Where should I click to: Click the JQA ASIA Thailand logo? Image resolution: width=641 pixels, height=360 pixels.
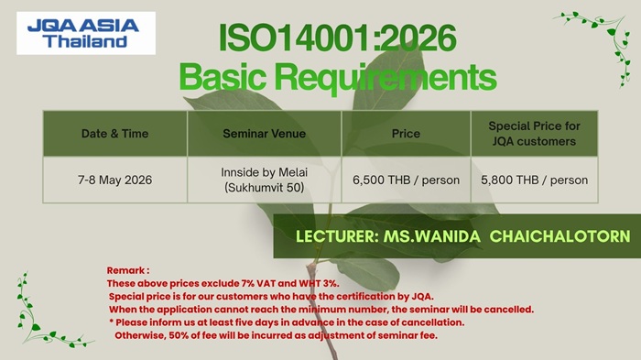pos(86,33)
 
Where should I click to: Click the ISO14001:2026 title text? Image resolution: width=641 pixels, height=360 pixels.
pos(338,38)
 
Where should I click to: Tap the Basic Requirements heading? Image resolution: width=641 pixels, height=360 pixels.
pos(338,77)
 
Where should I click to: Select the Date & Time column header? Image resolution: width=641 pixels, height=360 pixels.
pos(114,134)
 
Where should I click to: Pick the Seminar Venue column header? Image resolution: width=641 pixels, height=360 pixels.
pos(264,134)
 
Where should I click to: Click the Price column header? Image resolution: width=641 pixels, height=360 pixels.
pos(406,134)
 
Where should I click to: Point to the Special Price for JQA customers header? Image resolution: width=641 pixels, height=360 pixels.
pos(534,134)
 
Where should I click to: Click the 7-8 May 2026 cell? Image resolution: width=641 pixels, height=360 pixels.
pos(114,180)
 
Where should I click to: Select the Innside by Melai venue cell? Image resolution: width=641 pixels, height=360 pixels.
pos(264,180)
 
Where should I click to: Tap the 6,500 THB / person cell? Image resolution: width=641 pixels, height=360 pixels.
pos(406,180)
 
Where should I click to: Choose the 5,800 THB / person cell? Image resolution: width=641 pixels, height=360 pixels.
pos(534,180)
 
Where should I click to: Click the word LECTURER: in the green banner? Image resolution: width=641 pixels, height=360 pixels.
pos(337,236)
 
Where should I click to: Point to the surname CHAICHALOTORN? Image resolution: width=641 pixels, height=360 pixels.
pos(560,236)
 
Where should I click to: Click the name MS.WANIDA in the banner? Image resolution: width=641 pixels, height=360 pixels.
pos(431,236)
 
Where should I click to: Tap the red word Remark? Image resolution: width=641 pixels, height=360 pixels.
pos(126,270)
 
